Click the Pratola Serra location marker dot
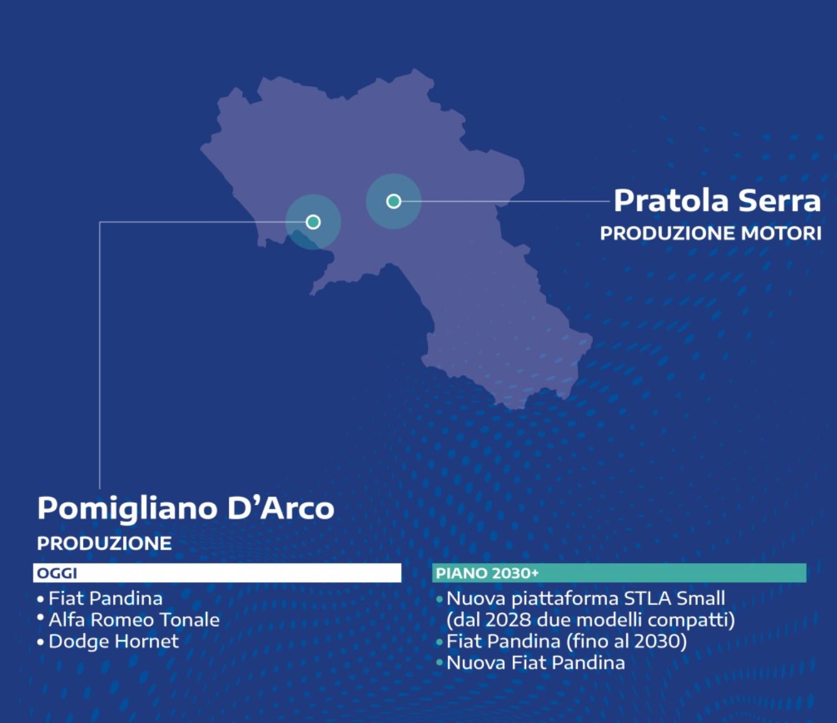point(393,201)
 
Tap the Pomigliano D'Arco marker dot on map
point(313,222)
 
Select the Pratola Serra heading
point(717,201)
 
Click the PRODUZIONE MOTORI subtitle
point(711,234)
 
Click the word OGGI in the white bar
point(57,573)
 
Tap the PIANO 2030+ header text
point(487,573)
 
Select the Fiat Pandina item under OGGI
point(106,598)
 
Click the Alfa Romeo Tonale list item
point(134,620)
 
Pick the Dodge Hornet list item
point(114,641)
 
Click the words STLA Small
point(674,598)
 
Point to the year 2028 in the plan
point(500,620)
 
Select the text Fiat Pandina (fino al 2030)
point(567,641)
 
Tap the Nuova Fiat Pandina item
point(536,663)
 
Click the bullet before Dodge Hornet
point(40,642)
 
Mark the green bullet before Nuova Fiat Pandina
point(439,663)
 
